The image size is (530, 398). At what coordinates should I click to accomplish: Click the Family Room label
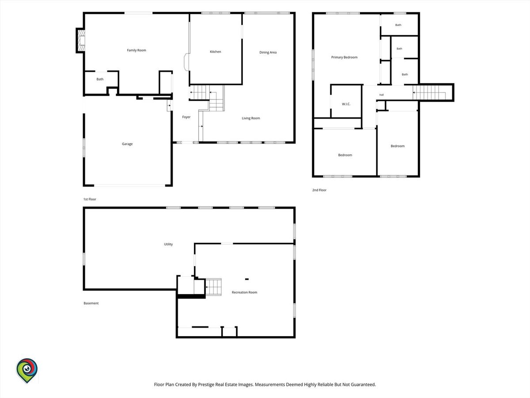click(136, 50)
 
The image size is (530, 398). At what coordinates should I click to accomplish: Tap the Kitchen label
click(216, 52)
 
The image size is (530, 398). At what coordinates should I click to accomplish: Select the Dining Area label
click(268, 53)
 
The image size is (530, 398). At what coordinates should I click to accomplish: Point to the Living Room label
click(251, 118)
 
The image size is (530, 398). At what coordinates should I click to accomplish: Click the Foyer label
click(186, 117)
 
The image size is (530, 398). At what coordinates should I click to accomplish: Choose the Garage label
click(127, 144)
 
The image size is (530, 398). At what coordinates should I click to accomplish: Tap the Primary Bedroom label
click(344, 57)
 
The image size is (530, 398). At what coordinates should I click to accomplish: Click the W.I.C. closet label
click(346, 104)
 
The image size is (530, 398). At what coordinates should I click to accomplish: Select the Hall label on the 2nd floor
click(382, 95)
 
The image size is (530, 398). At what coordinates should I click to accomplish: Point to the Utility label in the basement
click(168, 244)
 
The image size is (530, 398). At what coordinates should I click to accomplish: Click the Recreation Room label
click(244, 292)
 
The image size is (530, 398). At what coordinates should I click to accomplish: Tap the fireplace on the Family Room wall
click(81, 41)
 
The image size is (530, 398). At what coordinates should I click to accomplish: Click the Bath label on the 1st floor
click(100, 79)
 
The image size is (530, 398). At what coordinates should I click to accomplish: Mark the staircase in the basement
click(213, 287)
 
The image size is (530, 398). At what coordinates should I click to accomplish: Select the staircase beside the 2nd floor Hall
click(429, 92)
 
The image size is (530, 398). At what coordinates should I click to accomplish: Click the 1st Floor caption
click(90, 199)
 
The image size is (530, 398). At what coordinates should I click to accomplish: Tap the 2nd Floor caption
click(319, 190)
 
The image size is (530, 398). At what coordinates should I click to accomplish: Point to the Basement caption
click(91, 303)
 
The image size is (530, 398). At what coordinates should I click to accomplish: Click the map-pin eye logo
click(27, 371)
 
